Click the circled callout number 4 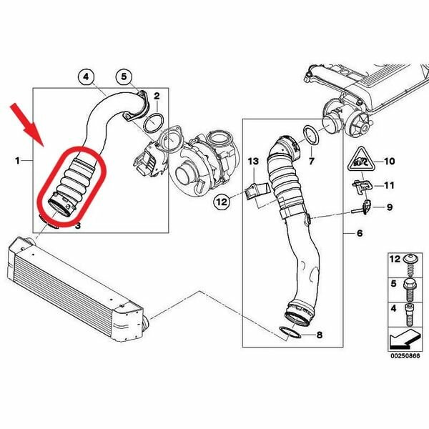point(87,77)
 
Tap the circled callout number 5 point(124,77)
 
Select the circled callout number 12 point(222,202)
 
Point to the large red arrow point(27,124)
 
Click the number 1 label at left point(18,161)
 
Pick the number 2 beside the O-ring point(157,96)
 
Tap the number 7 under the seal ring point(311,161)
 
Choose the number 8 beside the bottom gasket point(320,335)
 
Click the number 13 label point(253,161)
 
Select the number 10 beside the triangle point(390,161)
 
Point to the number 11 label point(389,185)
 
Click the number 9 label point(390,207)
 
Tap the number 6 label point(360,233)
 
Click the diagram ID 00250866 point(405,355)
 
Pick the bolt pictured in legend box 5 point(410,290)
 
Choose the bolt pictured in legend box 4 point(410,315)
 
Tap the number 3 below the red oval point(78,226)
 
